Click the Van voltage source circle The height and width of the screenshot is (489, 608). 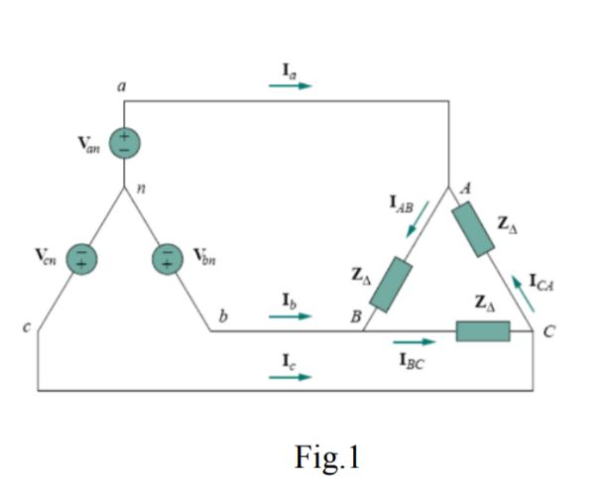click(x=125, y=143)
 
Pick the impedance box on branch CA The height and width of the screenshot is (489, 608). click(x=472, y=229)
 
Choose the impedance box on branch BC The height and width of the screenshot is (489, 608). click(x=483, y=330)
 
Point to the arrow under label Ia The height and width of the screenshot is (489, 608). click(x=290, y=85)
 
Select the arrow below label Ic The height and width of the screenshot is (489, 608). click(x=290, y=377)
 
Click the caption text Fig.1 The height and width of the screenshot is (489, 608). click(x=327, y=457)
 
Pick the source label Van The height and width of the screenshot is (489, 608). click(x=90, y=146)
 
